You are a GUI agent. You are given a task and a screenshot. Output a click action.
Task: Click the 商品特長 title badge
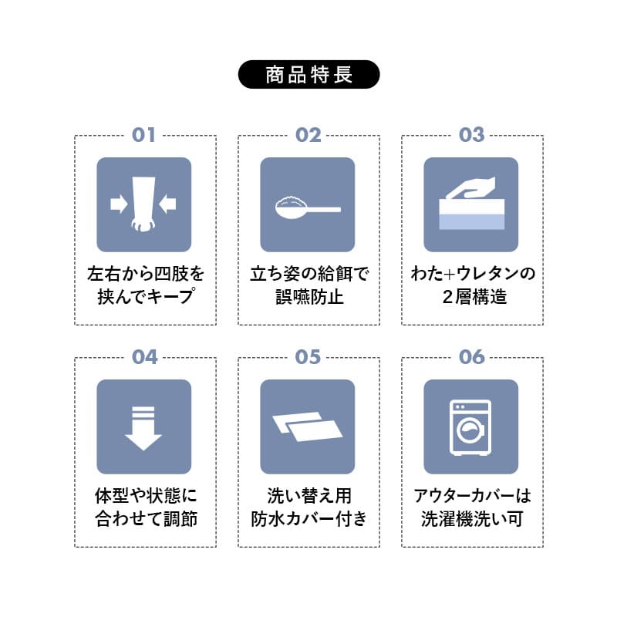click(x=308, y=75)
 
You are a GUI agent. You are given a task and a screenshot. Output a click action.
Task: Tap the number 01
click(x=144, y=135)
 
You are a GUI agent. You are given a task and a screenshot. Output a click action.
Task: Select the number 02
click(x=308, y=135)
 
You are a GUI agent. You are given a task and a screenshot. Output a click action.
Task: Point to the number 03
click(x=471, y=135)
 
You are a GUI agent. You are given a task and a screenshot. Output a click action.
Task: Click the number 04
click(x=144, y=357)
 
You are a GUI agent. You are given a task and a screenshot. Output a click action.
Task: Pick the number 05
click(x=308, y=357)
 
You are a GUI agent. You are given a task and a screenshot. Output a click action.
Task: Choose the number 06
click(x=471, y=357)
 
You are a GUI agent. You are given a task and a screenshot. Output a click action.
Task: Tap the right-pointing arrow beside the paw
click(x=119, y=204)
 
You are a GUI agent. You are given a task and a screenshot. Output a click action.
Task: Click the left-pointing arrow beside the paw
click(x=168, y=204)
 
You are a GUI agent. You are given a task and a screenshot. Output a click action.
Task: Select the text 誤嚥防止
click(x=308, y=296)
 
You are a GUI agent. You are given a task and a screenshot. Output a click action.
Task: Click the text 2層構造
click(x=471, y=296)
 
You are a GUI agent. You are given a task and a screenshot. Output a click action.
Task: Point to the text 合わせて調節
click(x=144, y=518)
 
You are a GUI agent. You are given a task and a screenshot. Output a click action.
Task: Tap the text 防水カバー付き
click(x=308, y=518)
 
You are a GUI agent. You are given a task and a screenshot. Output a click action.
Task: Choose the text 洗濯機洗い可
click(x=471, y=518)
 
